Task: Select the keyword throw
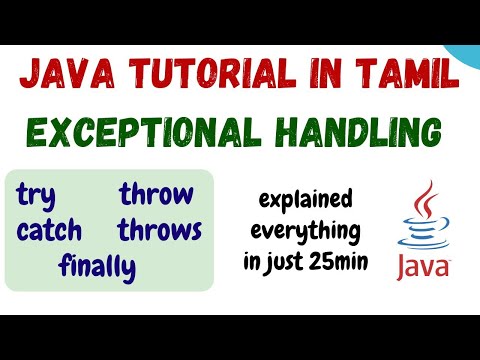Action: click(x=156, y=194)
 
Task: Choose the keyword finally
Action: click(x=97, y=267)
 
